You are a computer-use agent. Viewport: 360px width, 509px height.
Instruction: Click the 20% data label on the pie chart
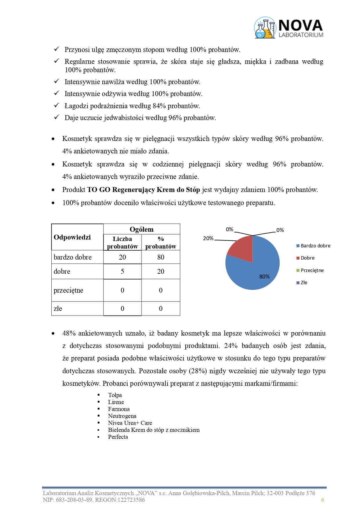click(208, 238)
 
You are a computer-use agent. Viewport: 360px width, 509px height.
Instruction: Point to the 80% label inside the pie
click(264, 277)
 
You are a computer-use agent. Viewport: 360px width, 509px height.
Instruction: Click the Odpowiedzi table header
click(72, 237)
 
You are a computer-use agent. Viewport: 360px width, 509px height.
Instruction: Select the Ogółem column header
click(142, 229)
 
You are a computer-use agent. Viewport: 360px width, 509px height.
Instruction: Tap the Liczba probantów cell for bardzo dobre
click(122, 257)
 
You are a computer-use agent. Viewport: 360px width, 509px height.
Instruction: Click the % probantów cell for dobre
click(161, 271)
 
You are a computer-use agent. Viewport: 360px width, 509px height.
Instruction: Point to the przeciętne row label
click(68, 290)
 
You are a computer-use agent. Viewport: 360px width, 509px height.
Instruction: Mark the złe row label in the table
click(58, 309)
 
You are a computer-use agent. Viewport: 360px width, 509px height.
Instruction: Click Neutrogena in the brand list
click(122, 416)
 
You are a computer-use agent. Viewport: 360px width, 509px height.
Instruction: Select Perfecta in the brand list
click(118, 437)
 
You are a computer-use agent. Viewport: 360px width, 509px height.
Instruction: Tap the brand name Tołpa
click(115, 395)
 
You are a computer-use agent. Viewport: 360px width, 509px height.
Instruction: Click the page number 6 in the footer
click(323, 500)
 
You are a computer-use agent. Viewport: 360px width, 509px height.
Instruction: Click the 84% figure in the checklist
click(159, 106)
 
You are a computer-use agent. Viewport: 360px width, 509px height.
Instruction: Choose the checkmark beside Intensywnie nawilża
click(57, 81)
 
